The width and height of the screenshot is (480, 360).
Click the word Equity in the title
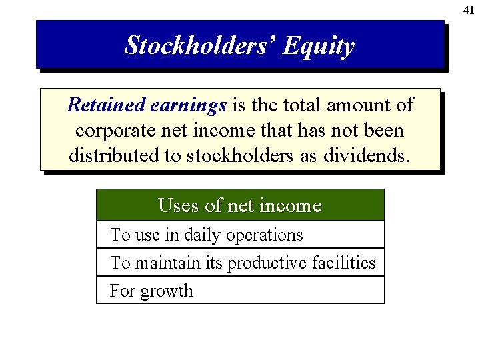[x=318, y=46]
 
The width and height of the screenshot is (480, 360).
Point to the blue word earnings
[x=189, y=105]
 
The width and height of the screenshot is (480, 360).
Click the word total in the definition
[x=300, y=105]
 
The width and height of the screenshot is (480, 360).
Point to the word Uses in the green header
[x=179, y=206]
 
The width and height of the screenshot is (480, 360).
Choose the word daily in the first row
[x=203, y=235]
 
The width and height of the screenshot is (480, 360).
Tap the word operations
[x=265, y=235]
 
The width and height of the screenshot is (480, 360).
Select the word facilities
[x=343, y=263]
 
